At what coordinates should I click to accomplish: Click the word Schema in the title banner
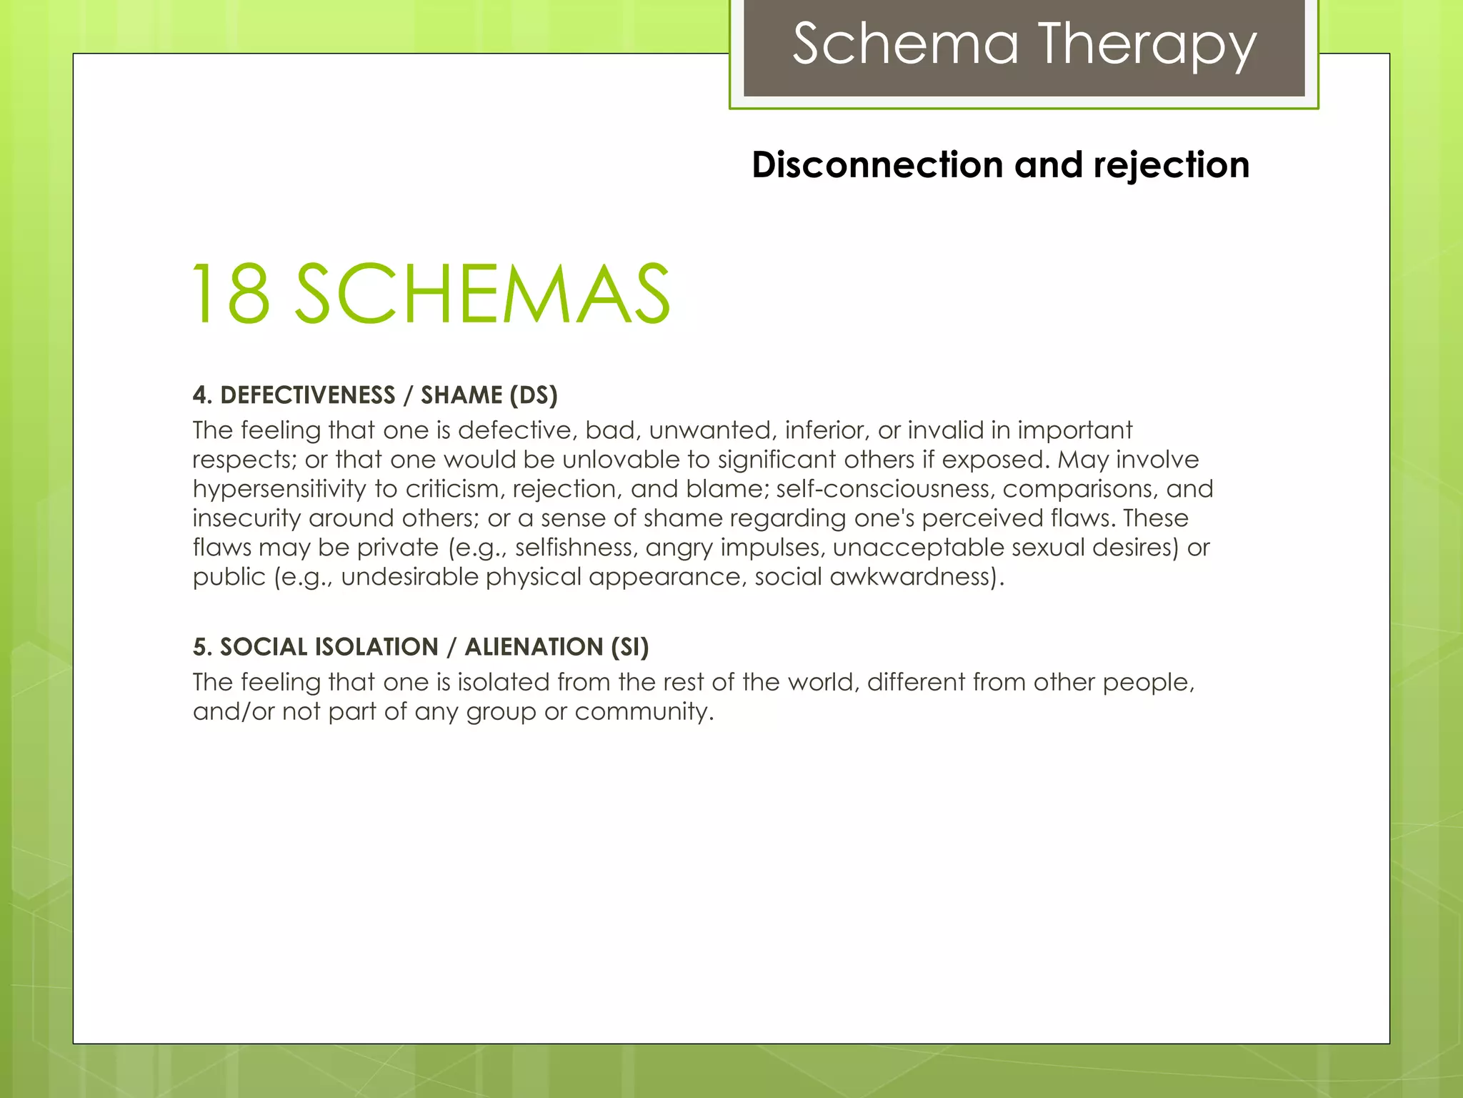point(906,44)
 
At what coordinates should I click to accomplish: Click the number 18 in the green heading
point(231,294)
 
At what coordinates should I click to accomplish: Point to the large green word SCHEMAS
point(483,294)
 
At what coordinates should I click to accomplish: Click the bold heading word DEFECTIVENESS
point(308,395)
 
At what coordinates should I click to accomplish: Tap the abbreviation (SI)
point(629,647)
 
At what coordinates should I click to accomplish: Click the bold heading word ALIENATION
point(534,647)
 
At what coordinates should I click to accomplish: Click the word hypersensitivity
point(279,490)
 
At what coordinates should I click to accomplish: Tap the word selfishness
point(574,548)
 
